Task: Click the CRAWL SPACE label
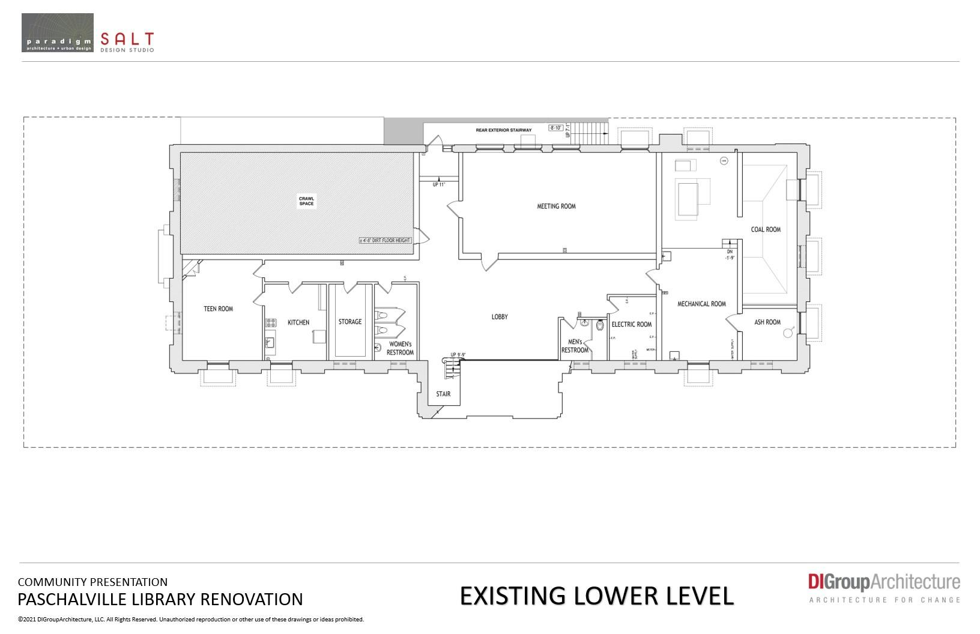click(x=306, y=201)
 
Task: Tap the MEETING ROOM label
click(x=556, y=207)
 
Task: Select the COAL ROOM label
click(x=766, y=229)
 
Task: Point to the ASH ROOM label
click(x=767, y=322)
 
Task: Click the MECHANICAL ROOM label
click(x=701, y=304)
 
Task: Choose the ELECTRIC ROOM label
click(x=631, y=324)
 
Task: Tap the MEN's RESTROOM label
click(x=575, y=346)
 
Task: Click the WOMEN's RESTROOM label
click(x=401, y=348)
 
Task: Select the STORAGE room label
click(x=350, y=322)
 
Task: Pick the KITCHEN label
click(x=298, y=322)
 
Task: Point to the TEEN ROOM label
click(x=218, y=309)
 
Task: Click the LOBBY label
click(x=500, y=316)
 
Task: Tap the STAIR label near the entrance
click(x=443, y=394)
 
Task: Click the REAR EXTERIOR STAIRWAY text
click(x=503, y=130)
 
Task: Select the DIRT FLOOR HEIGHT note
click(x=385, y=240)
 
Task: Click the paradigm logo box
click(x=58, y=32)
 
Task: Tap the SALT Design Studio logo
click(x=127, y=41)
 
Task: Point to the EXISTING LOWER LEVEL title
click(x=597, y=596)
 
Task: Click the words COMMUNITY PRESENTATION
click(x=92, y=582)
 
